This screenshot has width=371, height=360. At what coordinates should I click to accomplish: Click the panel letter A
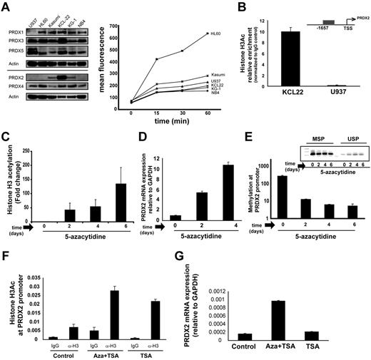point(6,6)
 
